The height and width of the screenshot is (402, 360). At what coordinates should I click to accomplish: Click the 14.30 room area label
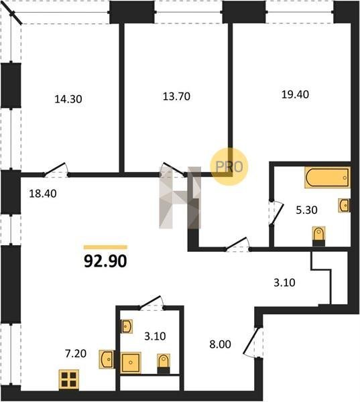tap(68, 99)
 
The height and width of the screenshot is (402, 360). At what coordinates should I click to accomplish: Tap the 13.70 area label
tap(176, 96)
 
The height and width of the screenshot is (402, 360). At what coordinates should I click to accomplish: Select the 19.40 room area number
tap(296, 94)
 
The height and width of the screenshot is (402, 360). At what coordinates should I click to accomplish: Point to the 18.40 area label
tap(43, 194)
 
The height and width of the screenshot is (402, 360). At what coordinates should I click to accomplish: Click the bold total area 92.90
tap(105, 261)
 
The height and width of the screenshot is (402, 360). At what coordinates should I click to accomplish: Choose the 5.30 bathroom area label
tap(306, 210)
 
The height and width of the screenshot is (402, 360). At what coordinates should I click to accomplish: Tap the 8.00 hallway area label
tap(220, 344)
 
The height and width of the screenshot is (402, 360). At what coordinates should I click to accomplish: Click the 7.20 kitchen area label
tap(76, 354)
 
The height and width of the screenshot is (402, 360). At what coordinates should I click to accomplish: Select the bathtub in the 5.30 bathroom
tap(327, 178)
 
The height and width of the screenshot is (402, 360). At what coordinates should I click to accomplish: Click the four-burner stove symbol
tap(69, 379)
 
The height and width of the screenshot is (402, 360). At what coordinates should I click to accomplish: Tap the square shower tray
tap(131, 362)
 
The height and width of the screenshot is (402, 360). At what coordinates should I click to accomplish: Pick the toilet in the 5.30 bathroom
tap(318, 236)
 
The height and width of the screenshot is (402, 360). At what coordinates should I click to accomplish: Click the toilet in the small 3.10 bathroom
tap(164, 363)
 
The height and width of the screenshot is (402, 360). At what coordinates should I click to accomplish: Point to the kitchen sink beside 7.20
tap(107, 359)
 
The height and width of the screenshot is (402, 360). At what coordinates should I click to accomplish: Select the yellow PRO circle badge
tap(229, 167)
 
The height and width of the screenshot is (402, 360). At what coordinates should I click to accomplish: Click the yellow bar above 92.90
tap(105, 247)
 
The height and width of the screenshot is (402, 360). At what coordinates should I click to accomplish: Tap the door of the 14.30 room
tap(56, 170)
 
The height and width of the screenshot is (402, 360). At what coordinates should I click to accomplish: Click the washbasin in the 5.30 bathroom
tap(344, 206)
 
